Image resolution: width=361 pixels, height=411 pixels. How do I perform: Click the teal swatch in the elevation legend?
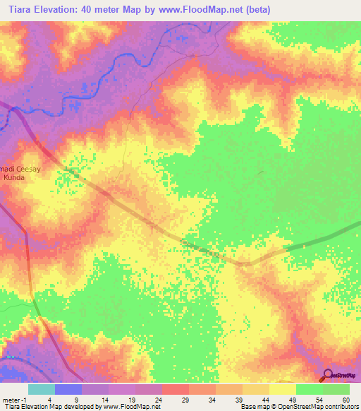point(42,389)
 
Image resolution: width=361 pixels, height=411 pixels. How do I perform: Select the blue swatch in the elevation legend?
point(68,389)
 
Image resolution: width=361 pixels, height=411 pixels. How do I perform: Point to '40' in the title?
point(98,8)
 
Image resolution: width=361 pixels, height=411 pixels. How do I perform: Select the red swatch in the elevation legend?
point(176,389)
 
